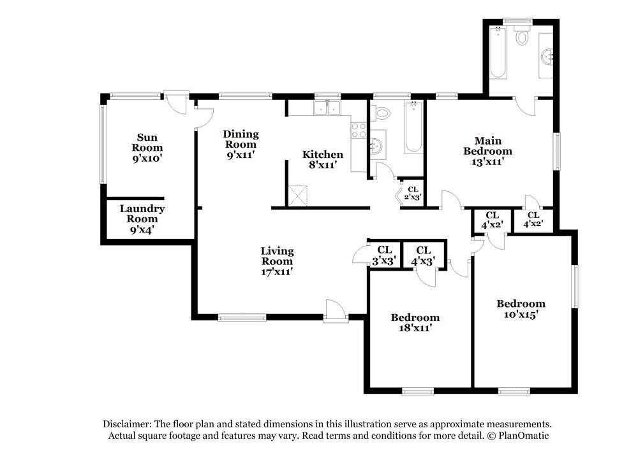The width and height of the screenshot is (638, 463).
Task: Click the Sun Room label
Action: (147, 147)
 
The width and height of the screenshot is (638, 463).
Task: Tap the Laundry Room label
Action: (142, 219)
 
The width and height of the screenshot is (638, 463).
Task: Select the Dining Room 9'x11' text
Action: (241, 144)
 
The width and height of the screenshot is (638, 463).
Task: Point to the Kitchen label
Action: (323, 159)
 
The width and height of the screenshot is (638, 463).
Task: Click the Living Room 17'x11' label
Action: (277, 261)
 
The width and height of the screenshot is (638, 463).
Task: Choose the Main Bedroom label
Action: (488, 151)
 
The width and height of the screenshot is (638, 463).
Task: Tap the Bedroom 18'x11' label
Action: (415, 322)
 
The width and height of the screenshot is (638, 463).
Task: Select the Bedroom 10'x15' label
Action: (521, 309)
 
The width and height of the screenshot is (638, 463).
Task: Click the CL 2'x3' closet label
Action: (413, 194)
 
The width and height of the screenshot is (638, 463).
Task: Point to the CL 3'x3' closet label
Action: (384, 255)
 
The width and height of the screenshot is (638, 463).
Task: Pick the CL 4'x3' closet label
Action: (423, 256)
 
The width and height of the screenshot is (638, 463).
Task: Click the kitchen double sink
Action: (327, 108)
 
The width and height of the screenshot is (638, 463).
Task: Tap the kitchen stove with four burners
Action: (359, 131)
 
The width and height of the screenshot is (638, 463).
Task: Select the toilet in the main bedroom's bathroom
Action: (521, 35)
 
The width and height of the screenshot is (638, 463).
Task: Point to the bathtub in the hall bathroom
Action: (413, 127)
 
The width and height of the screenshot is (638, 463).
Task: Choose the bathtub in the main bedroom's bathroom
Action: (498, 52)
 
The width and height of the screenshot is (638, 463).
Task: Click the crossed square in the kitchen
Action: (297, 196)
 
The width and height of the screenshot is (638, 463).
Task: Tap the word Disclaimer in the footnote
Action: (127, 424)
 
